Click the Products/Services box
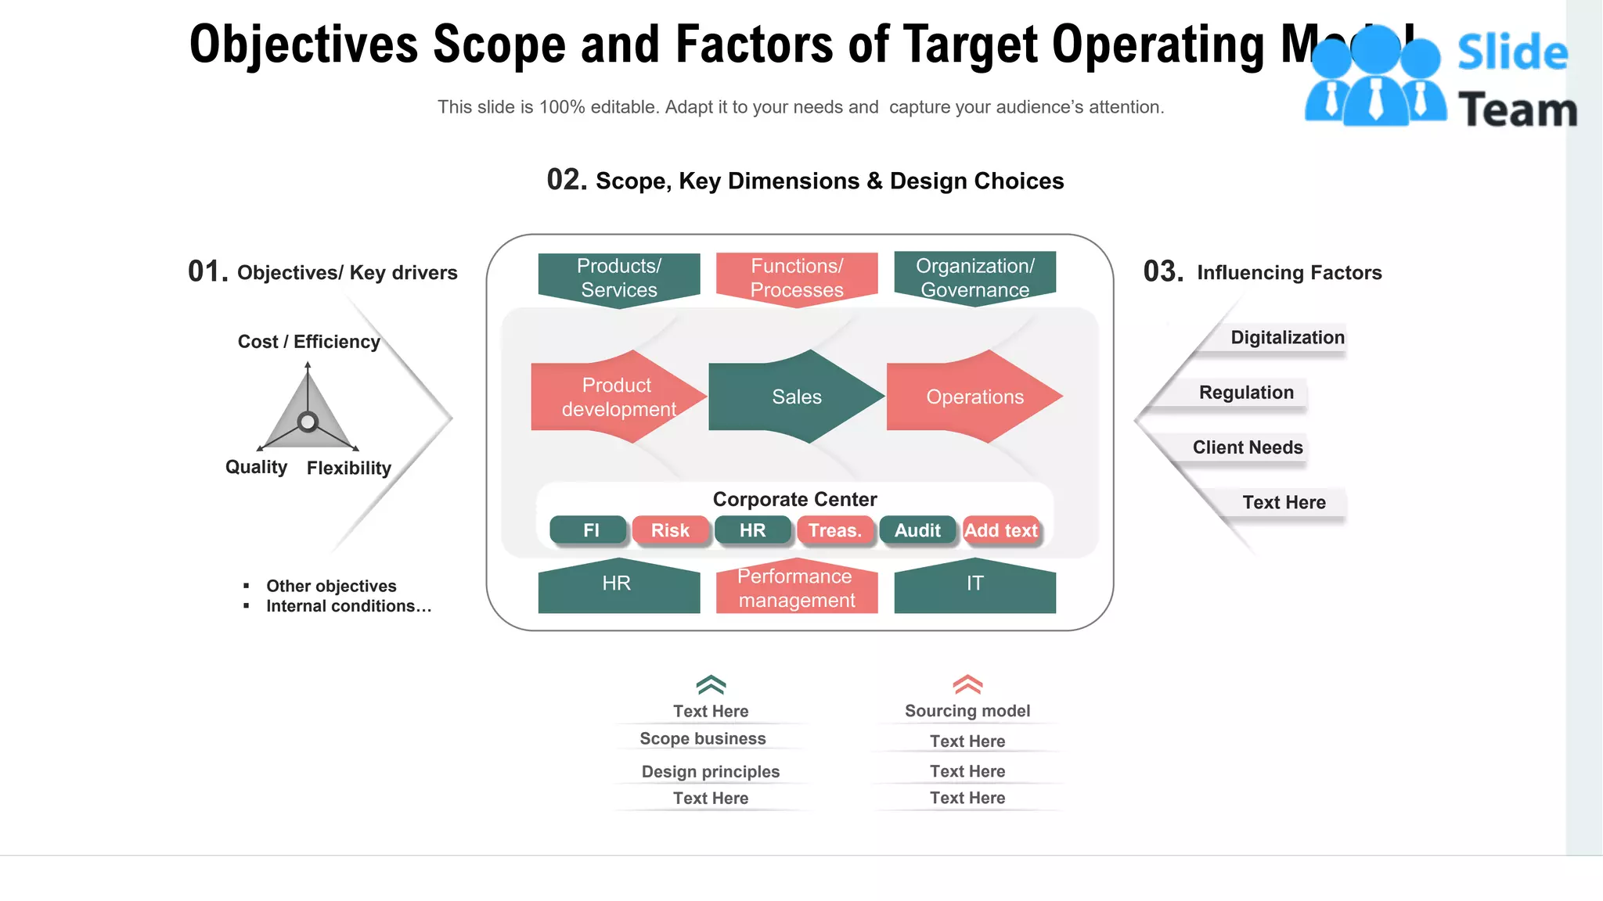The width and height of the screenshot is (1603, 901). point(619,278)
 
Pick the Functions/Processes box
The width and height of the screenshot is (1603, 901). point(797,278)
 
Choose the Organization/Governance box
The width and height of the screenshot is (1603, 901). point(975,278)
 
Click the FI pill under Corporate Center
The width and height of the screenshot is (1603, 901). point(589,530)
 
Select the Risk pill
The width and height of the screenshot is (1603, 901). point(671,530)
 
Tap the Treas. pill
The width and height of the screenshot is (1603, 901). point(834,530)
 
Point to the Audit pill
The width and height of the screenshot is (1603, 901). point(917,530)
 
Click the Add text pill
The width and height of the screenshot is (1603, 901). point(1001,530)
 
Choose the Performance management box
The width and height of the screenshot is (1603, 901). point(797,588)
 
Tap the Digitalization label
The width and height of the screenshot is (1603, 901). point(1287,338)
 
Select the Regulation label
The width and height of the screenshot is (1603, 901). point(1246,393)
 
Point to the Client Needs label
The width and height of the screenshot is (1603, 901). point(1248,447)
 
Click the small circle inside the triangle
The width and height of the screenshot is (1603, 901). point(308,422)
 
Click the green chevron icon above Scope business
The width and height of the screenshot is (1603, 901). point(711,685)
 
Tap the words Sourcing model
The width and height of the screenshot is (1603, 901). point(967,711)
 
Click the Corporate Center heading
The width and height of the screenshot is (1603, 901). point(794,499)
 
